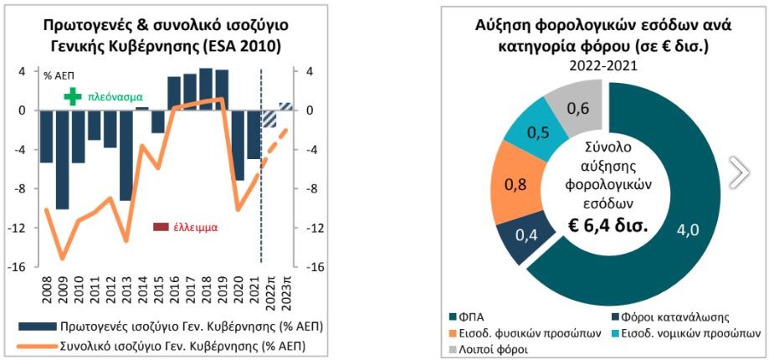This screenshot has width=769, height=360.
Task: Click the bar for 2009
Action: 62,159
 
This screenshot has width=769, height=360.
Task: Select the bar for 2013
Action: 126,155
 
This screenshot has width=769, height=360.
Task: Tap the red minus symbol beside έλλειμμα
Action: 160,227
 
